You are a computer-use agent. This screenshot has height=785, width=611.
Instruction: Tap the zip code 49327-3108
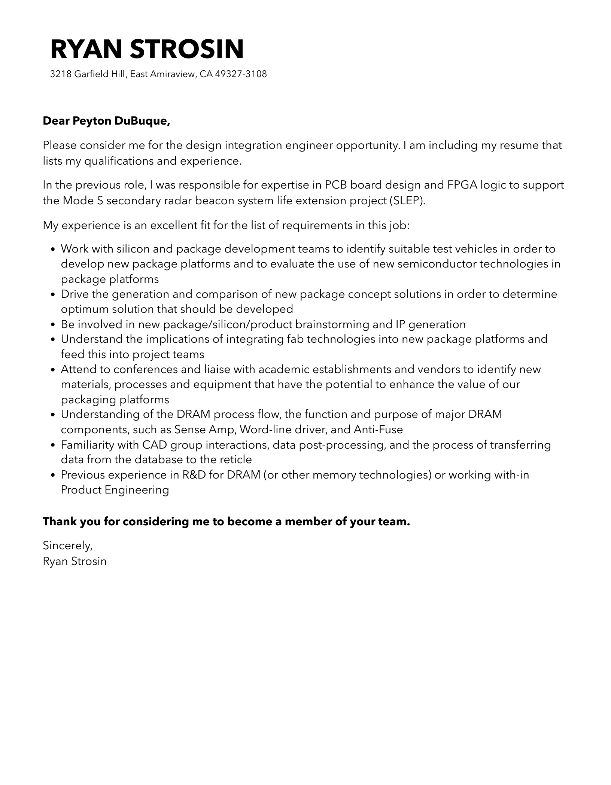(241, 74)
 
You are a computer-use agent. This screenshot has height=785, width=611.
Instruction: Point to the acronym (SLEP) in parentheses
(407, 201)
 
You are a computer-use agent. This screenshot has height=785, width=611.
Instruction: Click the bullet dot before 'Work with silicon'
(53, 250)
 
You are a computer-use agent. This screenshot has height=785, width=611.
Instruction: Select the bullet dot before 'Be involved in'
(53, 325)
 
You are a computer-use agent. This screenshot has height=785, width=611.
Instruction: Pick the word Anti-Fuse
(378, 430)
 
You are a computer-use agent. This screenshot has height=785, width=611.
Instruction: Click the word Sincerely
(67, 546)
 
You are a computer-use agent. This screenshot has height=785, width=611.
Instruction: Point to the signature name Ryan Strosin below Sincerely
(75, 562)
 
